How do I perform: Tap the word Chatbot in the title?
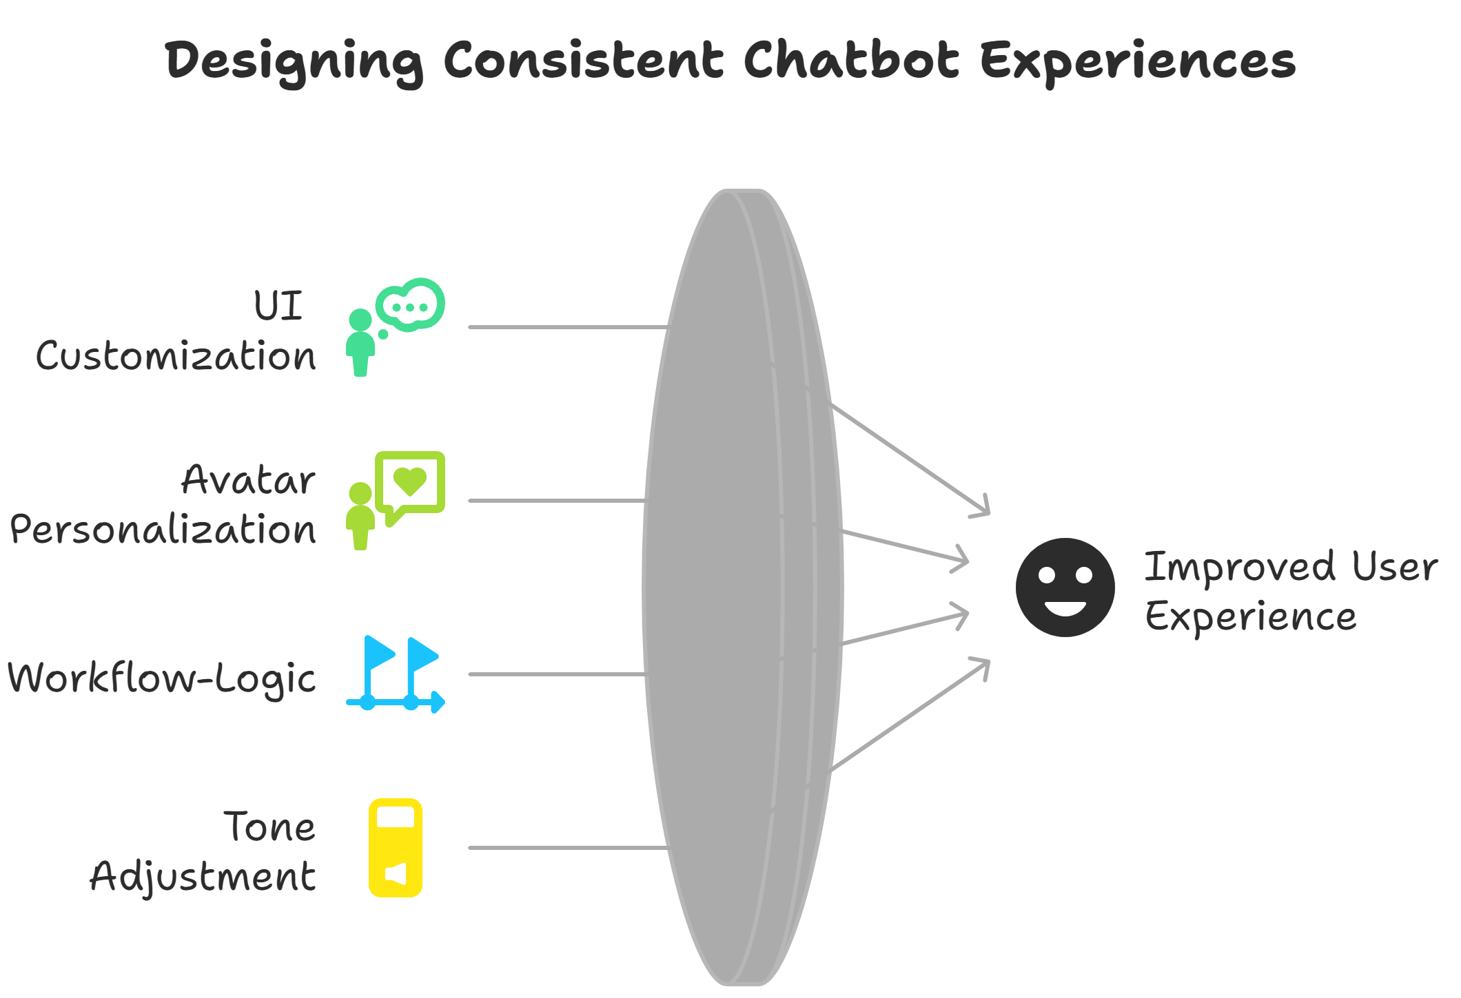[850, 61]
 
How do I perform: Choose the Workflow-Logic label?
[162, 678]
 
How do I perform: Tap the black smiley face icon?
[1065, 588]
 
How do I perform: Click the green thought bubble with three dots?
[411, 305]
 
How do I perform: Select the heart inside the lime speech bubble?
[410, 480]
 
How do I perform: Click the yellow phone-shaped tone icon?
[396, 848]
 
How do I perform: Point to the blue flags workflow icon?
[396, 674]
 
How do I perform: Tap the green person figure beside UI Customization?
[360, 342]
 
